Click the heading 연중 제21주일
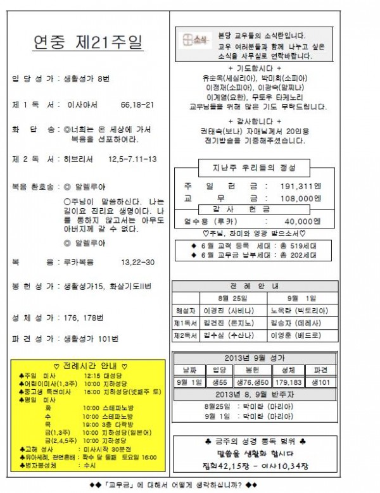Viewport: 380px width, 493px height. (x=87, y=44)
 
